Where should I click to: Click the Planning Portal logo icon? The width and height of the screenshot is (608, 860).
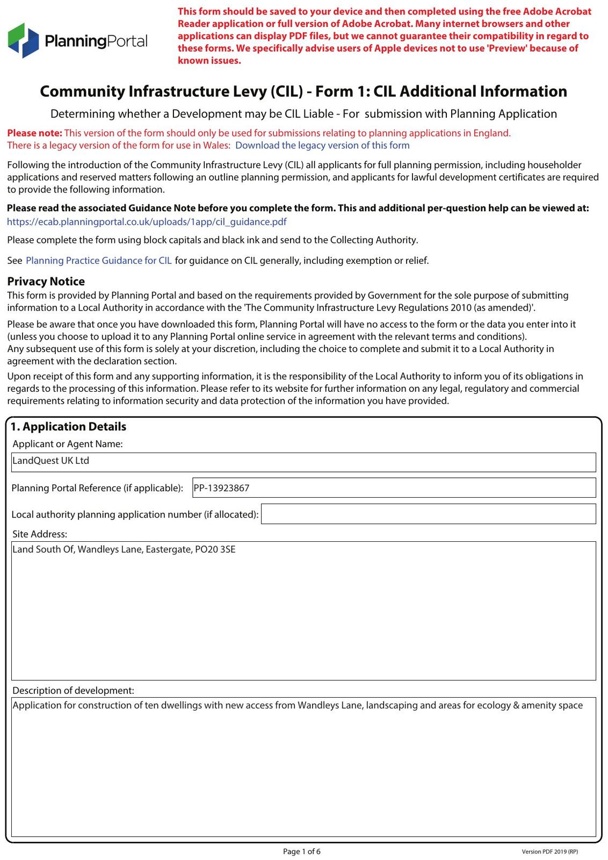[x=24, y=40]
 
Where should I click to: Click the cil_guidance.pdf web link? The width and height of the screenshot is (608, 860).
[x=147, y=222]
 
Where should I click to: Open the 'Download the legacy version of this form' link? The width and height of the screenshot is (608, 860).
[x=322, y=146]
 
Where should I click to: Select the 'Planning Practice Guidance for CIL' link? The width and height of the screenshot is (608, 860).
[x=99, y=261]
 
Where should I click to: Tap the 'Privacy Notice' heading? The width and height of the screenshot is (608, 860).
[x=46, y=282]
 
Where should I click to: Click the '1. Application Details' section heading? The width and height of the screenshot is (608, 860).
[x=68, y=427]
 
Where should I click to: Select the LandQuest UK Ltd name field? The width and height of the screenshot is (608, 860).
[x=303, y=462]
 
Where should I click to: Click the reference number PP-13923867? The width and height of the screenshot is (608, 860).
[x=221, y=488]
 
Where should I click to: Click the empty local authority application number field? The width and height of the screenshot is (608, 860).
[x=428, y=514]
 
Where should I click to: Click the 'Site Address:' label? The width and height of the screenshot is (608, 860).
[x=40, y=534]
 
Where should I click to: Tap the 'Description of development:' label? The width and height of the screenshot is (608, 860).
[x=73, y=691]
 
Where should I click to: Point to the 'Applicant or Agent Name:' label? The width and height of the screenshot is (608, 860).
[x=68, y=444]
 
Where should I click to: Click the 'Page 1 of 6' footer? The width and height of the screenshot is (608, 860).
[x=302, y=851]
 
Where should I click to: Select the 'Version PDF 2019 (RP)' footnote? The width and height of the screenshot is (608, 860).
[x=549, y=852]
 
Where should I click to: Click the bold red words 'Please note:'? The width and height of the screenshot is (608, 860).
[x=34, y=133]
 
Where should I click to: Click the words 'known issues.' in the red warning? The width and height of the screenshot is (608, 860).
[x=209, y=61]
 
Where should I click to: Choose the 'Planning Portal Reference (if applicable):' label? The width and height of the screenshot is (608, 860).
[x=97, y=488]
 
